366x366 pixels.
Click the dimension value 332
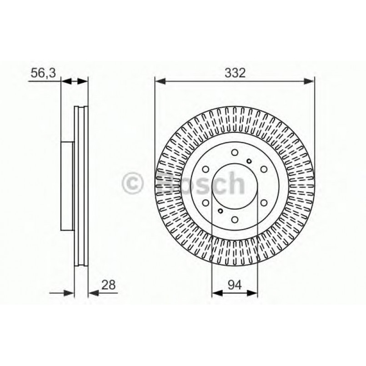pyautogui.click(x=235, y=73)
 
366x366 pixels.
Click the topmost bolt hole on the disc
pyautogui.click(x=234, y=152)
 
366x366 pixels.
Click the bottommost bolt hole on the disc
pyautogui.click(x=235, y=220)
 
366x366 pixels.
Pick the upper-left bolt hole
pyautogui.click(x=206, y=169)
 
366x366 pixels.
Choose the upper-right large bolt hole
pyautogui.click(x=264, y=169)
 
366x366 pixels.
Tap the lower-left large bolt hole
pyautogui.click(x=206, y=203)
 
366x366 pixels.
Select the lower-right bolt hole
pyautogui.click(x=264, y=203)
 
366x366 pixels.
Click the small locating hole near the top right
pyautogui.click(x=249, y=160)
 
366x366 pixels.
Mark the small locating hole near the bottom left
pyautogui.click(x=220, y=211)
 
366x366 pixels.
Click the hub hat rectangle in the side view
pyautogui.click(x=67, y=186)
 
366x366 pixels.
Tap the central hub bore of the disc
pyautogui.click(x=235, y=186)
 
